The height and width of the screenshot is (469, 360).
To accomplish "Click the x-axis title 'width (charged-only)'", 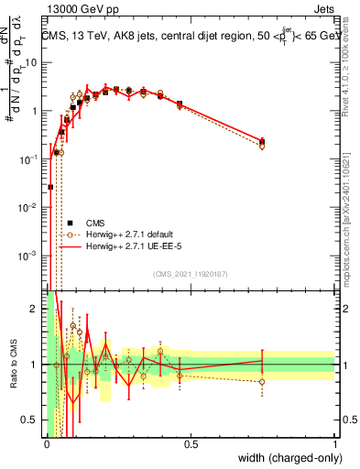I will (x=286, y=457).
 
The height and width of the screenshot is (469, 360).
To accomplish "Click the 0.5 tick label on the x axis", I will (x=191, y=444).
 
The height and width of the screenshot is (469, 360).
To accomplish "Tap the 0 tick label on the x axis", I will (x=46, y=444).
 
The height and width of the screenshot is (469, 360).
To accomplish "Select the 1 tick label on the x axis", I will (x=335, y=444).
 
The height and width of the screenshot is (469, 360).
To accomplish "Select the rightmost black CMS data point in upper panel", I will (x=262, y=141).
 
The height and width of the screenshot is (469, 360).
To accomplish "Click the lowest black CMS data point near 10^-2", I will (x=50, y=187).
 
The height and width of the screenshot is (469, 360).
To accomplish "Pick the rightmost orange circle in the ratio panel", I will (x=262, y=381).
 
